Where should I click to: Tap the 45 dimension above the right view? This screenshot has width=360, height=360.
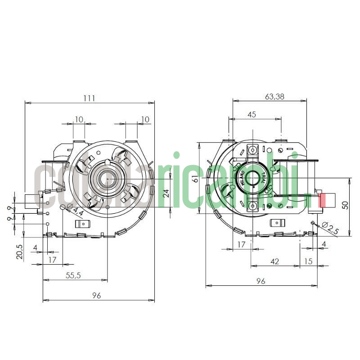(x=252, y=114)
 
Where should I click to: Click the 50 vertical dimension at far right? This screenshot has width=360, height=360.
(x=345, y=205)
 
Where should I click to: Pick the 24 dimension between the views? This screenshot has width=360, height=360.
(x=166, y=193)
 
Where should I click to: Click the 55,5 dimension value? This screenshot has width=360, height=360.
(x=72, y=276)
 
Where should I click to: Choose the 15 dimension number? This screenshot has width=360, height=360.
(x=308, y=261)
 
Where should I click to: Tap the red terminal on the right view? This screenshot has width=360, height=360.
(x=322, y=199)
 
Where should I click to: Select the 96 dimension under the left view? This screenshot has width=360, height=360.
(x=96, y=296)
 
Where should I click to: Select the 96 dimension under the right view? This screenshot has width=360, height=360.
(x=261, y=281)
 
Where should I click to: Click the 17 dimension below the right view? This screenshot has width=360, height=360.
(x=241, y=244)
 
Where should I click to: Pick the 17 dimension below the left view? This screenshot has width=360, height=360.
(x=52, y=260)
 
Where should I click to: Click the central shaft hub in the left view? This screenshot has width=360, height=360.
(x=108, y=179)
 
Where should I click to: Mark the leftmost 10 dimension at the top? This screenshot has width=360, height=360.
(x=79, y=119)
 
